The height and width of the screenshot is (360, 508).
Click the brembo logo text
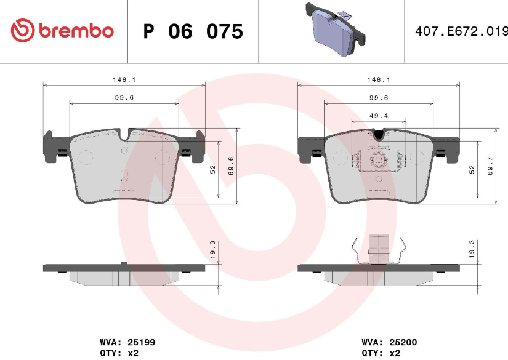coord(76,30)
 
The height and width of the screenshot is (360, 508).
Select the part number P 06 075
coord(193,31)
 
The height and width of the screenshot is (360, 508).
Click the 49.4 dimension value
coord(378,115)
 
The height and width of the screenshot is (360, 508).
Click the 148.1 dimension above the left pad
coord(124,79)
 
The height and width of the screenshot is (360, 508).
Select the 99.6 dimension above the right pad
coord(378,97)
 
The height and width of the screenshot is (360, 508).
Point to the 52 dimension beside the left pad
coord(212,169)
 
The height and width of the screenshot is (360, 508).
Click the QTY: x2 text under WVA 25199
coord(119,353)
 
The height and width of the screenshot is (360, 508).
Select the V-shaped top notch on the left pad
coord(124,134)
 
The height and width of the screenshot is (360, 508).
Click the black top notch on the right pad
coord(379,134)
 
